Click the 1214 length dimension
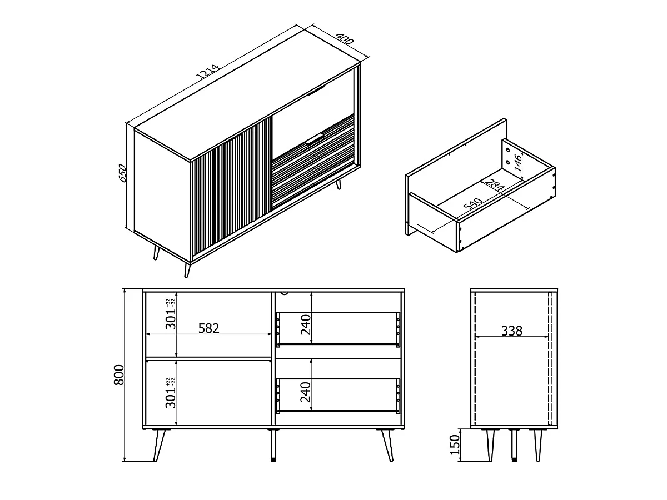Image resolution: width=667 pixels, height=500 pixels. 207,72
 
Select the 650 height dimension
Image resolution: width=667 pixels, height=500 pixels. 122,173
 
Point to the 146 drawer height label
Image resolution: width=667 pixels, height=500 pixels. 518,162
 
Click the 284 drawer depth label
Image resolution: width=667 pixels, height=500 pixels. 494,185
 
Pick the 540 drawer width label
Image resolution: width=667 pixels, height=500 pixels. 472,204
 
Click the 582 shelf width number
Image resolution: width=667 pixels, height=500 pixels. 209,328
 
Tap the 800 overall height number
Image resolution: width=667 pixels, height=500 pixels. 119,375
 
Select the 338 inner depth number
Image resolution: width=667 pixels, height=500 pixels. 512,331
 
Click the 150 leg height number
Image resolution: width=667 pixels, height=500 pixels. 455,445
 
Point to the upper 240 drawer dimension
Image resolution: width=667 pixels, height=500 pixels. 306,325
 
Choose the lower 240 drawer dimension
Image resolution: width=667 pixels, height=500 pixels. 306,392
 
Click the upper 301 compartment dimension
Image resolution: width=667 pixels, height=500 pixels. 171,314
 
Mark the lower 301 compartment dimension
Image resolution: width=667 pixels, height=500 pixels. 171,393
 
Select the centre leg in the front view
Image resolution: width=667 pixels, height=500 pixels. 273,445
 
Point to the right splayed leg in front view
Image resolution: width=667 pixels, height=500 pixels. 387,445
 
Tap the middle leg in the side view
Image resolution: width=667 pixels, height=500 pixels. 514,445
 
